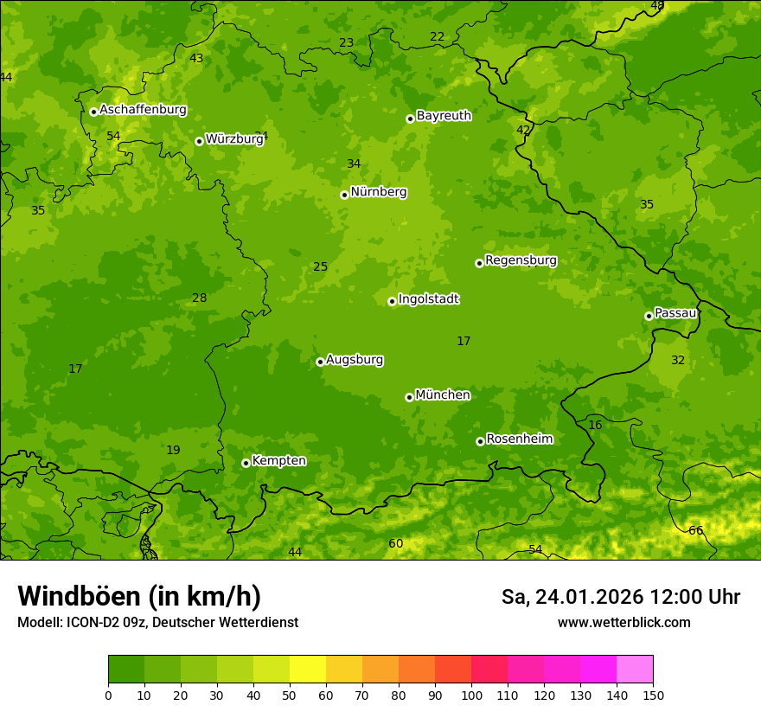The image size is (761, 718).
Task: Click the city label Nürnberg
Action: click(378, 192)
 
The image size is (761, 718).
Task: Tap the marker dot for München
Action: click(409, 397)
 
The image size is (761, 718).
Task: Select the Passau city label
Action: click(675, 312)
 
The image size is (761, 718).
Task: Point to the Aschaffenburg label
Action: click(143, 110)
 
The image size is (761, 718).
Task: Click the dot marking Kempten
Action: click(246, 463)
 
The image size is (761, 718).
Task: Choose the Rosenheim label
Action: click(519, 439)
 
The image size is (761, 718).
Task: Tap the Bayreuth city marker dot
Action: click(410, 119)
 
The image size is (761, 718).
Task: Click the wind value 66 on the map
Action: click(695, 530)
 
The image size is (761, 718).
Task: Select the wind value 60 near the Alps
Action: click(395, 543)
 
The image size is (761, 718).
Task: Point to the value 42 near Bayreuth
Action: click(523, 130)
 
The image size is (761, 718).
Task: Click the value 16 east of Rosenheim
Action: click(595, 425)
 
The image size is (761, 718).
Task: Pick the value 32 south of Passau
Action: click(678, 360)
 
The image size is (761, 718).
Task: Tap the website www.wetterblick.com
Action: click(624, 622)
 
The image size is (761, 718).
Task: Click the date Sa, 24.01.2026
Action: click(572, 597)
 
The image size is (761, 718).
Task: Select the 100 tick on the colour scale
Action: click(471, 694)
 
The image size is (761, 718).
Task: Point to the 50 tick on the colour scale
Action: click(290, 694)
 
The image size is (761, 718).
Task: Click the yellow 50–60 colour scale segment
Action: click(308, 670)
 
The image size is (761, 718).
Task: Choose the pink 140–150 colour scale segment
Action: click(635, 670)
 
